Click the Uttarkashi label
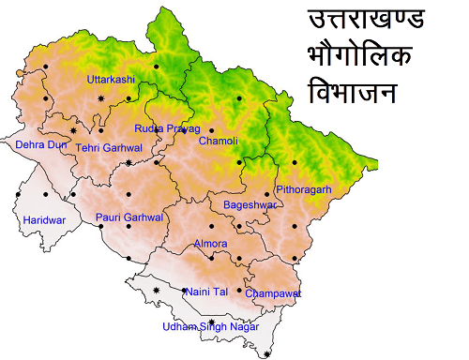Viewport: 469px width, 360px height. coord(112,80)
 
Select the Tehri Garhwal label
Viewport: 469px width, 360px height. coord(109,147)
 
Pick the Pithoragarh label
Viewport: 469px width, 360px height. coord(304,189)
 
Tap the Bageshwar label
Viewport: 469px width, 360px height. coord(250,204)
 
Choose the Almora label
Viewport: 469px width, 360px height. coord(210,244)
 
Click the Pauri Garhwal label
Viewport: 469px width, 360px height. coord(129,217)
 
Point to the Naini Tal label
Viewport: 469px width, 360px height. coord(207,292)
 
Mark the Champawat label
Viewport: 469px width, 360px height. coord(274,293)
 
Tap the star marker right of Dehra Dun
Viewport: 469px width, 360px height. coord(73,130)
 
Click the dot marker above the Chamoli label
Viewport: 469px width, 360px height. coord(212,130)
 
